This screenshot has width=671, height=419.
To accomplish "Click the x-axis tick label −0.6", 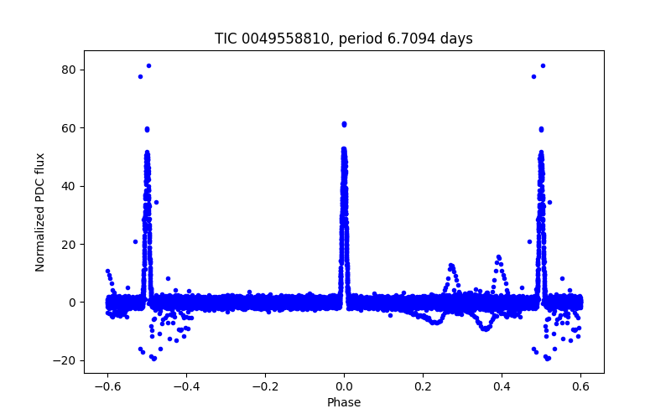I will click(x=107, y=386).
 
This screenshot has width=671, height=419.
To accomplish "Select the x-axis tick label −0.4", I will click(x=186, y=386).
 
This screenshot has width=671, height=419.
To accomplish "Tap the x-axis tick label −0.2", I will click(x=265, y=386).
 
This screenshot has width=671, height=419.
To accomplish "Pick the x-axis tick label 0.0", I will click(x=344, y=386).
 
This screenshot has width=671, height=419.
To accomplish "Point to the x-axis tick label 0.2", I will click(x=423, y=386).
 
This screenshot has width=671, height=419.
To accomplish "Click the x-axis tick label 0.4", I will click(x=502, y=386).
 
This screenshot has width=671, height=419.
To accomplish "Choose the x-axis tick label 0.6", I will click(x=580, y=386).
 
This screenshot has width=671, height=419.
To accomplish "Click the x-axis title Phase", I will click(x=344, y=402).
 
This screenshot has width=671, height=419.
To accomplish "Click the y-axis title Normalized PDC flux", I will click(x=40, y=211).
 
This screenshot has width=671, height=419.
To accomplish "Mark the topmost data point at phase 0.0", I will click(x=344, y=124).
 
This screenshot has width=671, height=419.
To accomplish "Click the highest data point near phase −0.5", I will click(x=148, y=65).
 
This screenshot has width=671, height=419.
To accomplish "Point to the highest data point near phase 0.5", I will click(x=543, y=65).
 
